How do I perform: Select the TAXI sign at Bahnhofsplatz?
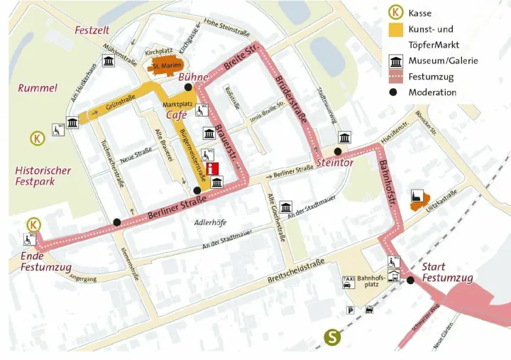pyautogui.click(x=348, y=280)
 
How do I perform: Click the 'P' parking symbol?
pyautogui.click(x=350, y=310)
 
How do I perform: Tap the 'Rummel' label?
pyautogui.click(x=38, y=89)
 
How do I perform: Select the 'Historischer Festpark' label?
pyautogui.click(x=43, y=175)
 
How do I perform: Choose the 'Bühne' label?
pyautogui.click(x=193, y=77)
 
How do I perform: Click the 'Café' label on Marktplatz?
pyautogui.click(x=177, y=115)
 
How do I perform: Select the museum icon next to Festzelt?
pyautogui.click(x=109, y=63)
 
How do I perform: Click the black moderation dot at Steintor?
pyautogui.click(x=338, y=151)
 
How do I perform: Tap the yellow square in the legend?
pyautogui.click(x=395, y=30)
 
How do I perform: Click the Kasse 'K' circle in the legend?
pyautogui.click(x=395, y=12)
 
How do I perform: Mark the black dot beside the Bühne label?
pyautogui.click(x=188, y=87)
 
